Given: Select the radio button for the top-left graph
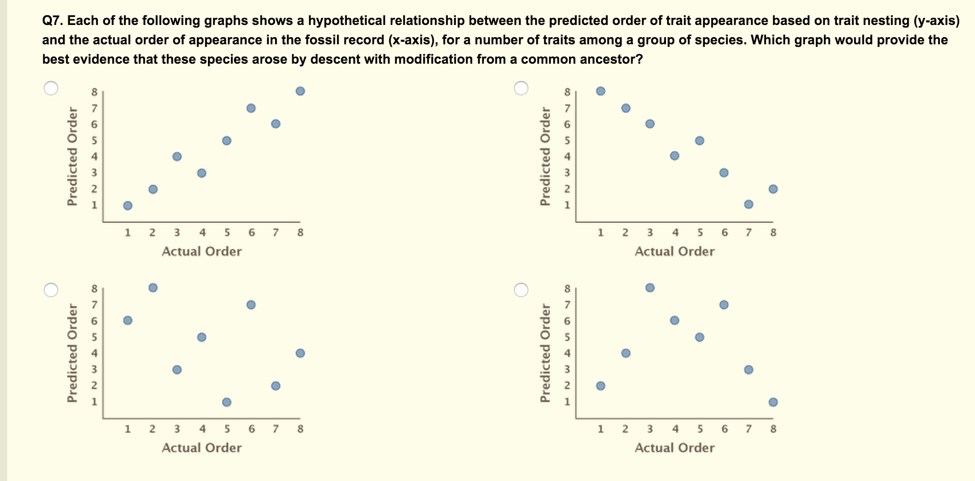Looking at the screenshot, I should [51, 88].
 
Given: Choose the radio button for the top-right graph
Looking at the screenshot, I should [521, 88].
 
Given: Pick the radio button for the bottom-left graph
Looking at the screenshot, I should [51, 289].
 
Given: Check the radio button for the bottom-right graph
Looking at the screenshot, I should [521, 289].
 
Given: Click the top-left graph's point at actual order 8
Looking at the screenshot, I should [300, 91].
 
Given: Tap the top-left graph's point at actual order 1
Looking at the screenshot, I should [128, 205].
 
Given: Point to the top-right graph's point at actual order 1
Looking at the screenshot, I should [601, 91].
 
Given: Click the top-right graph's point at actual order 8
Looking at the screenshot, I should [773, 189].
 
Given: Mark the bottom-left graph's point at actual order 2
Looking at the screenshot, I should [153, 288].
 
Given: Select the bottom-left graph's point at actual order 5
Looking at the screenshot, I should [227, 402].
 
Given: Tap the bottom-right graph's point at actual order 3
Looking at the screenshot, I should [650, 288].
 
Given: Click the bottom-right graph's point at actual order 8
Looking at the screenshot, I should [773, 402].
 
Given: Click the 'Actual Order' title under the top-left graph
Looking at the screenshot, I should [201, 251].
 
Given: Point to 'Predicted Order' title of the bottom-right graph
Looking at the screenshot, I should [546, 353].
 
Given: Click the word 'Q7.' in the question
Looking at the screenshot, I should [53, 21].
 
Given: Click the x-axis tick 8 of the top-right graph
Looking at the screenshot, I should [773, 233].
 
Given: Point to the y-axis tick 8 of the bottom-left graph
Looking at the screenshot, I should [94, 289].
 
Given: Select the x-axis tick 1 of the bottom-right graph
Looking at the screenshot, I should [601, 429].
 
